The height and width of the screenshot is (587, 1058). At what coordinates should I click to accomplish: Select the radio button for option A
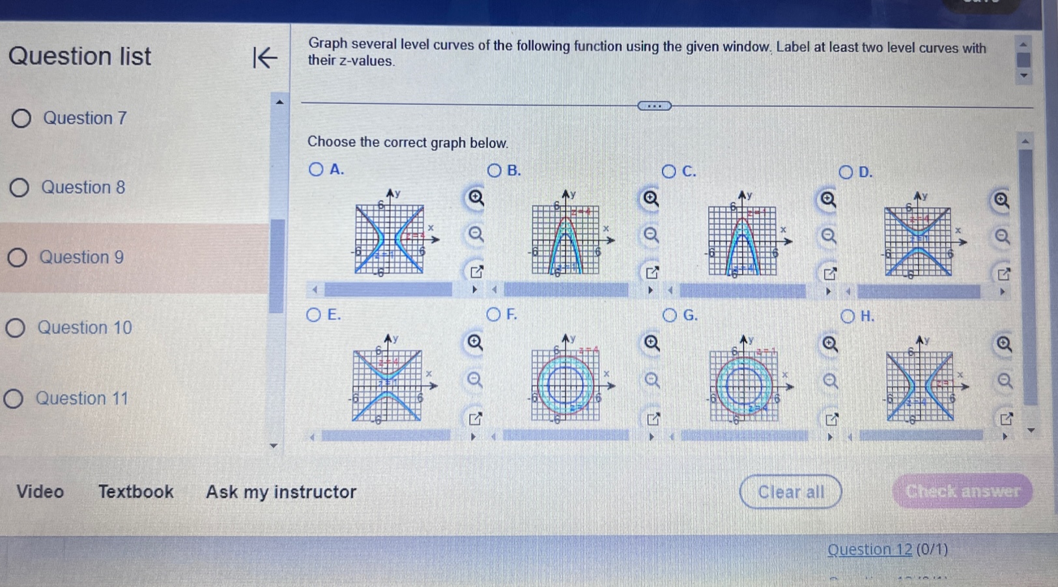(x=316, y=170)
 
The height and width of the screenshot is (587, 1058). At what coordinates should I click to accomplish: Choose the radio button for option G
(x=670, y=316)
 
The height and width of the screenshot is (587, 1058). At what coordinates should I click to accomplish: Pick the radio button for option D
(x=846, y=172)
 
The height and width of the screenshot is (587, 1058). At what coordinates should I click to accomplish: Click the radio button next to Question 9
(x=18, y=258)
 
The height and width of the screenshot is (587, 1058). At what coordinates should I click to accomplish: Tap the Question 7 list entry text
(x=85, y=118)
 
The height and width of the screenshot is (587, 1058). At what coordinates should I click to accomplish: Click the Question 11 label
(x=82, y=399)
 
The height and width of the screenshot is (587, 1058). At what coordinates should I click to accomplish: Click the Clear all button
(x=790, y=492)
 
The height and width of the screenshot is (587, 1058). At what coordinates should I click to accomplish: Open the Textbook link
(x=136, y=492)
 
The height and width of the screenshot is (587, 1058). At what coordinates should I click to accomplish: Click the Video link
(x=40, y=492)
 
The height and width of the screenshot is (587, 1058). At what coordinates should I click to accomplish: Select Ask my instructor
(x=281, y=492)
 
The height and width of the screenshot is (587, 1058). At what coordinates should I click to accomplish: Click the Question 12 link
(x=869, y=550)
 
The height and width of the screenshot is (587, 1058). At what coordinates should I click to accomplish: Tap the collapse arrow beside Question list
(x=264, y=58)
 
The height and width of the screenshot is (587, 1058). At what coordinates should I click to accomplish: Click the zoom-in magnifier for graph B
(x=651, y=198)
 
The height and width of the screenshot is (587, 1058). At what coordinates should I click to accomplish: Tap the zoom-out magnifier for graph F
(x=652, y=380)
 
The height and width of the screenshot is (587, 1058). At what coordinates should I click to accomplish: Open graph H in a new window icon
(x=1007, y=419)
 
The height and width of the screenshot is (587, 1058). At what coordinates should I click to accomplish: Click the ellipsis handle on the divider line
(x=654, y=106)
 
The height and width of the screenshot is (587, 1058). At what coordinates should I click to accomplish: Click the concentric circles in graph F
(x=565, y=386)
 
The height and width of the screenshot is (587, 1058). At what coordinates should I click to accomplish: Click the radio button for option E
(x=313, y=315)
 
